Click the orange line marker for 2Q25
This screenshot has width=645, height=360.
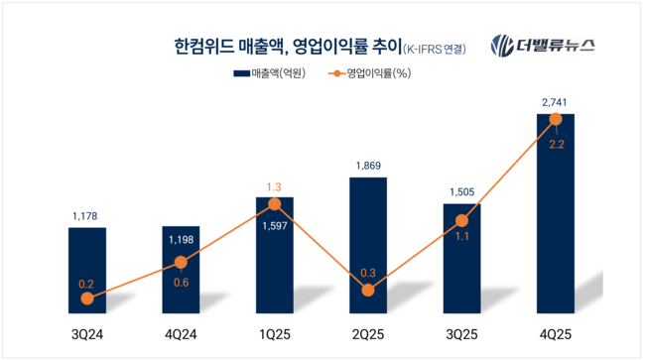(x=368, y=291)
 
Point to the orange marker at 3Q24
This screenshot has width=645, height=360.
(x=86, y=298)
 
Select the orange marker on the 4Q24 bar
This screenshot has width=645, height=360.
(x=181, y=263)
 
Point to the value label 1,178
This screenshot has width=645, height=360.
(x=86, y=215)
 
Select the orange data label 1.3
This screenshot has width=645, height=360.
(x=275, y=186)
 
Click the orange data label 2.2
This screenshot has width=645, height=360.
(x=556, y=144)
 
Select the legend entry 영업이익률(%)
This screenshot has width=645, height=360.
(x=370, y=72)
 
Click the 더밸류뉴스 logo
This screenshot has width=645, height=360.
(x=550, y=45)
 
